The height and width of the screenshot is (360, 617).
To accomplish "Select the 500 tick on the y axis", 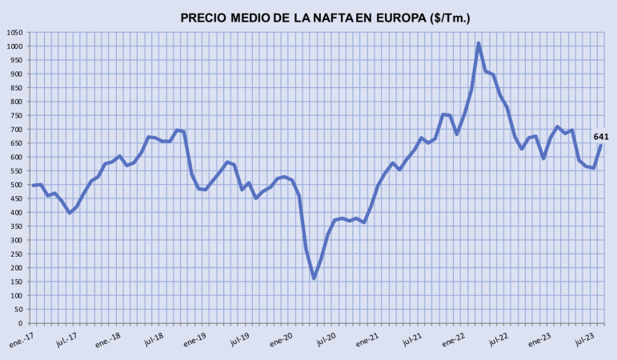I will [x=17, y=185].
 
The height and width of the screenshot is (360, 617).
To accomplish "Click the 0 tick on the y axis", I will [x=22, y=323].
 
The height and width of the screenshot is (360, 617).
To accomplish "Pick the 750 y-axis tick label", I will [x=17, y=115].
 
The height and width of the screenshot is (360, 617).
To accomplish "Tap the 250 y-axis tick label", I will [x=17, y=254].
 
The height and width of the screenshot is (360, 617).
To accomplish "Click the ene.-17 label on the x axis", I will [x=22, y=339].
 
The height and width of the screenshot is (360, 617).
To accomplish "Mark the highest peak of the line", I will [x=479, y=43].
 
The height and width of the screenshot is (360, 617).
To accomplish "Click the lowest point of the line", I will [x=314, y=278].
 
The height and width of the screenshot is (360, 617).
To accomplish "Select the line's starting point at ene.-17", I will [x=33, y=186].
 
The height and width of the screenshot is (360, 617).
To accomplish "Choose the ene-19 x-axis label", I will [x=197, y=339].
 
